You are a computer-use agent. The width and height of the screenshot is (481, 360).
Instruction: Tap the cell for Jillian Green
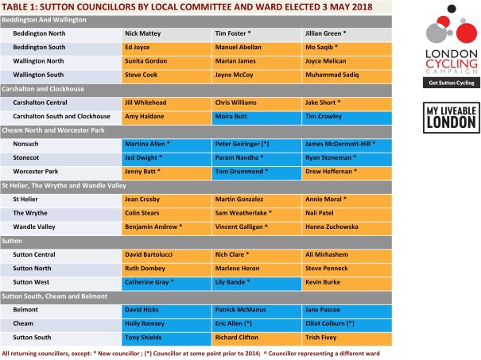coord(347,34)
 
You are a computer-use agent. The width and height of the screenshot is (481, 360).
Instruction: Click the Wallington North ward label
coord(40,60)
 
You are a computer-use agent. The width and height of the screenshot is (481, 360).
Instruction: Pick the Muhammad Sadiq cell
coord(347,72)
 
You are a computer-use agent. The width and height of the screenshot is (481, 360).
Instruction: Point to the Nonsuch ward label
coord(29,145)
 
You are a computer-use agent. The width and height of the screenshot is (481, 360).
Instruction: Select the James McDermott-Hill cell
coord(347,145)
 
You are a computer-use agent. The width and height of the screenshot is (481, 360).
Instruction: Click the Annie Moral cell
coord(347,199)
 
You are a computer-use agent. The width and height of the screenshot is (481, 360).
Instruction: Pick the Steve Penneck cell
coord(347,269)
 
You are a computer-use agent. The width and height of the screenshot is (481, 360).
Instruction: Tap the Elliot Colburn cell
coord(347,323)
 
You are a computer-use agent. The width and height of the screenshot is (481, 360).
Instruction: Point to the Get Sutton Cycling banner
coord(448,83)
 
